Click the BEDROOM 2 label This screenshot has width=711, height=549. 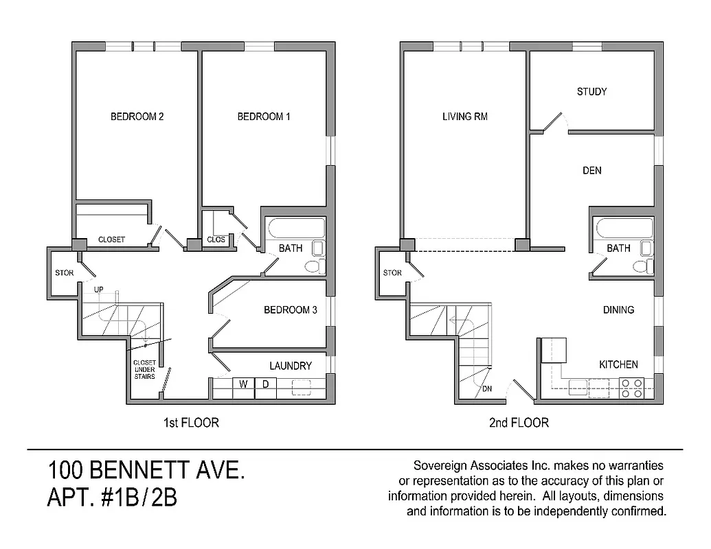(x=137, y=117)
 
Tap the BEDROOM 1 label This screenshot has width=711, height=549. (x=264, y=117)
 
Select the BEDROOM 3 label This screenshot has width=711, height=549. (x=290, y=310)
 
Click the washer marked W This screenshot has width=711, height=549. (x=243, y=384)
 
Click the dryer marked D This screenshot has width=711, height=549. (x=265, y=384)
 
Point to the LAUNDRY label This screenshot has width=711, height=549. (x=290, y=366)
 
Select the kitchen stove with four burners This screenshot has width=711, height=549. (x=631, y=388)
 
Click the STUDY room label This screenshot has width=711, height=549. (x=591, y=91)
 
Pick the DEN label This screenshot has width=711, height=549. (x=591, y=170)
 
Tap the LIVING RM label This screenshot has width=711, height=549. (x=465, y=117)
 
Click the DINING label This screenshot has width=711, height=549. (x=618, y=310)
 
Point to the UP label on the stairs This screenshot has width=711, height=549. (x=99, y=290)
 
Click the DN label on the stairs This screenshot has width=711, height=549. (x=487, y=389)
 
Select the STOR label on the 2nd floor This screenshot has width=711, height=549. (x=392, y=272)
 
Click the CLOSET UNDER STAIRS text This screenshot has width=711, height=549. (x=144, y=369)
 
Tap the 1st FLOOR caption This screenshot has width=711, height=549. (x=191, y=423)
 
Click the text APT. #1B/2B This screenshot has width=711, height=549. (x=112, y=498)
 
